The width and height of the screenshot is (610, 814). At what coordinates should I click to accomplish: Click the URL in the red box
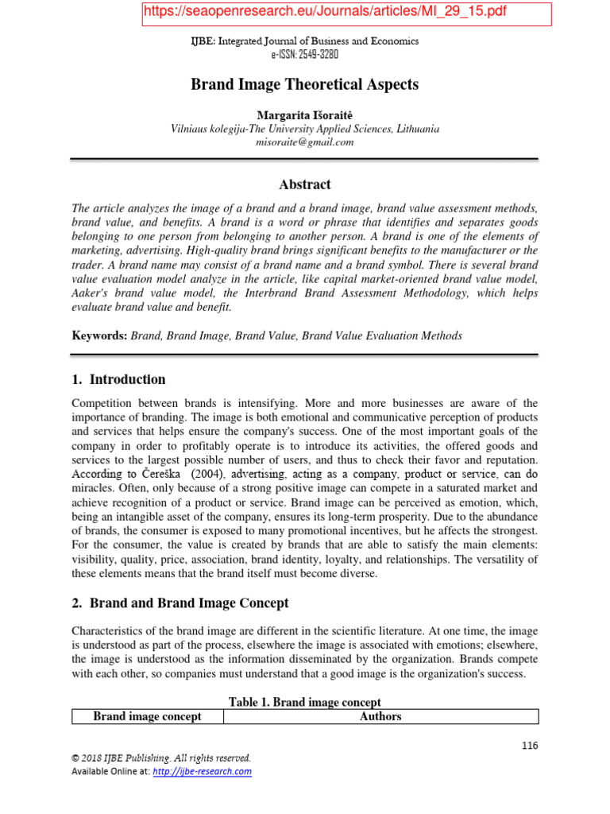click(x=324, y=12)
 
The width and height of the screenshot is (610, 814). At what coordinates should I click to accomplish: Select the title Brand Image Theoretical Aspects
click(x=304, y=84)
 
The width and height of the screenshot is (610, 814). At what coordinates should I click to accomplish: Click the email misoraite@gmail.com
click(x=304, y=142)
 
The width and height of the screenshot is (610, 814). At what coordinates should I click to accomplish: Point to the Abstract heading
click(x=304, y=184)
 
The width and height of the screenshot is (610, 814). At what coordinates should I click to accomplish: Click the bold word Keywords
click(x=98, y=336)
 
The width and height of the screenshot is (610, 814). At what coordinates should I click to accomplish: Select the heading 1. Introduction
click(x=118, y=379)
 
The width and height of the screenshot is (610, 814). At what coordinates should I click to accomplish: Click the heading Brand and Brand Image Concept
click(x=189, y=603)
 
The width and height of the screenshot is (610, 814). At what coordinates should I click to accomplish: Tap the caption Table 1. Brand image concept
click(x=304, y=703)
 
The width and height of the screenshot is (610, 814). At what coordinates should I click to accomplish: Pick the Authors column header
click(x=380, y=717)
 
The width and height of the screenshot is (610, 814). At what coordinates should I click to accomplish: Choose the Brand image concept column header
click(x=147, y=717)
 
